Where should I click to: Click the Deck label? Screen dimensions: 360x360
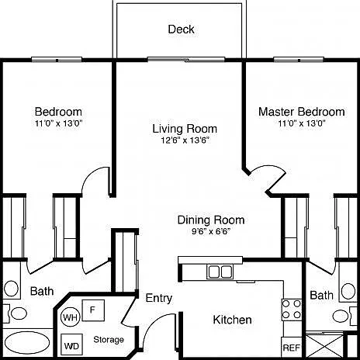point(181,29)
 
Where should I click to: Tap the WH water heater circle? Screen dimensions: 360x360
point(71,317)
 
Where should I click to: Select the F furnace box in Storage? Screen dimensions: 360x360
point(93,310)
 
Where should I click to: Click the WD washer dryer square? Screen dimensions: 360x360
point(71,345)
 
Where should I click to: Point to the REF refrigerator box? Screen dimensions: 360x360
point(292,348)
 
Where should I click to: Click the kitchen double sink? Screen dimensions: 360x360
point(220,272)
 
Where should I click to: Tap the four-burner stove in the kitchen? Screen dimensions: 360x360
point(292,310)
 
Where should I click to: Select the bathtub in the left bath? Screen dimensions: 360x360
point(27,343)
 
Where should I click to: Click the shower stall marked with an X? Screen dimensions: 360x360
point(324,346)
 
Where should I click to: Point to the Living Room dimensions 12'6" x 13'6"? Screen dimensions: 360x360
point(185,140)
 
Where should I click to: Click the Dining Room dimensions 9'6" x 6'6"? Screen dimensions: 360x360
point(211,231)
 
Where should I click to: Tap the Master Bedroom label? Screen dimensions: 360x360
point(302,112)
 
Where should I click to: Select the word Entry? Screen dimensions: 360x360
point(159,298)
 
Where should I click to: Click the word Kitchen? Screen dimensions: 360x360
point(232,320)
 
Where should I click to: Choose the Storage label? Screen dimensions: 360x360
point(109,340)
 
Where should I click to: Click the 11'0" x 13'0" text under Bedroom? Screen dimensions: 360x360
point(59,123)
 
